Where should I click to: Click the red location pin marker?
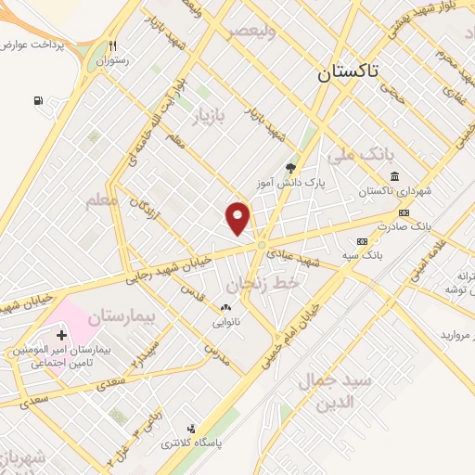238,217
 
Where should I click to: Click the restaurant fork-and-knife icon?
112,45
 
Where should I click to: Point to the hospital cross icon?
62,334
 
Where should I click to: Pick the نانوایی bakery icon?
225,307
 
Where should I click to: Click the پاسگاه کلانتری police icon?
190,429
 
